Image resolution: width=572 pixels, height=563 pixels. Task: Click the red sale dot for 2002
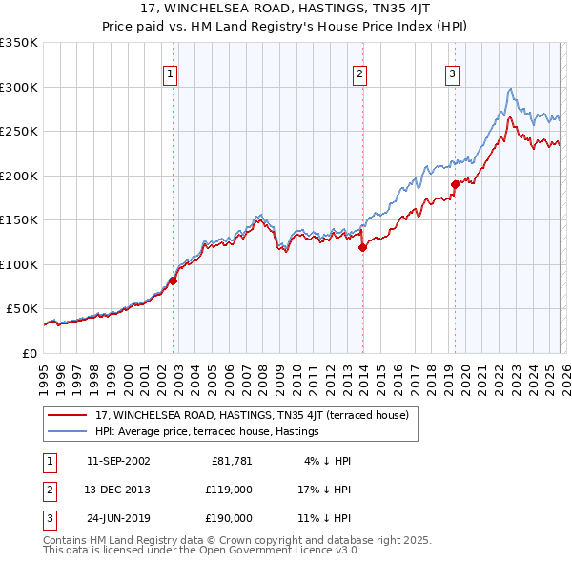[x=173, y=281]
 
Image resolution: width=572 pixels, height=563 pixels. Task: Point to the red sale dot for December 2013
[x=362, y=247]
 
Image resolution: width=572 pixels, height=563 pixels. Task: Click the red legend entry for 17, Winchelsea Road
[x=252, y=415]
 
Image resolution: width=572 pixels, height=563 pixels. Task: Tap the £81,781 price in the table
[x=232, y=461]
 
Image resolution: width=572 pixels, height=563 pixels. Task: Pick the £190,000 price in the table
[x=228, y=518]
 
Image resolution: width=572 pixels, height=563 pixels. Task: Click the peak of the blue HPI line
[x=511, y=89]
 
